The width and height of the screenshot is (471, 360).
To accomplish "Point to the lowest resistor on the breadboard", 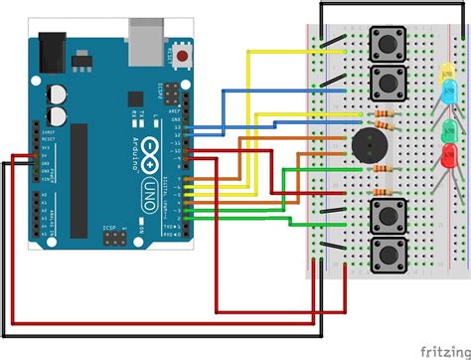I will [381, 192].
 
